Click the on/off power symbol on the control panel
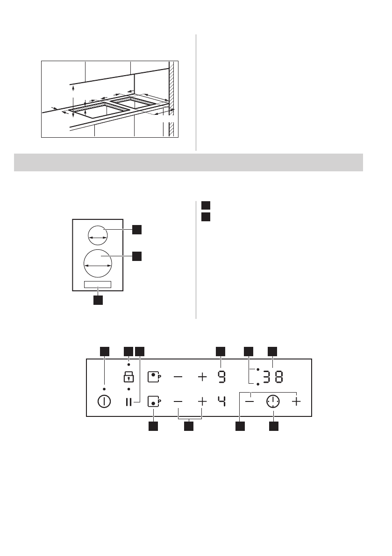coord(104,401)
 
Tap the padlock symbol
coord(128,376)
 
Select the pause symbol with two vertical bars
coord(128,401)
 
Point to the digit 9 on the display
coord(221,376)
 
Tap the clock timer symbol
coord(273,401)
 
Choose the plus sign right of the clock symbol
coord(296,401)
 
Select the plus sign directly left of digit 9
coord(202,376)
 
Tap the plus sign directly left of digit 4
coord(202,401)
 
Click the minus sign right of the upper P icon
coord(178,376)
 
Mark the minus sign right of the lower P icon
coord(178,401)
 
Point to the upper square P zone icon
coord(154,376)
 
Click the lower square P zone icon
coord(154,401)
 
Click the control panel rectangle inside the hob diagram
coord(98,284)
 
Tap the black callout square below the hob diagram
coord(98,300)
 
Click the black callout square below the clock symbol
coord(273,426)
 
